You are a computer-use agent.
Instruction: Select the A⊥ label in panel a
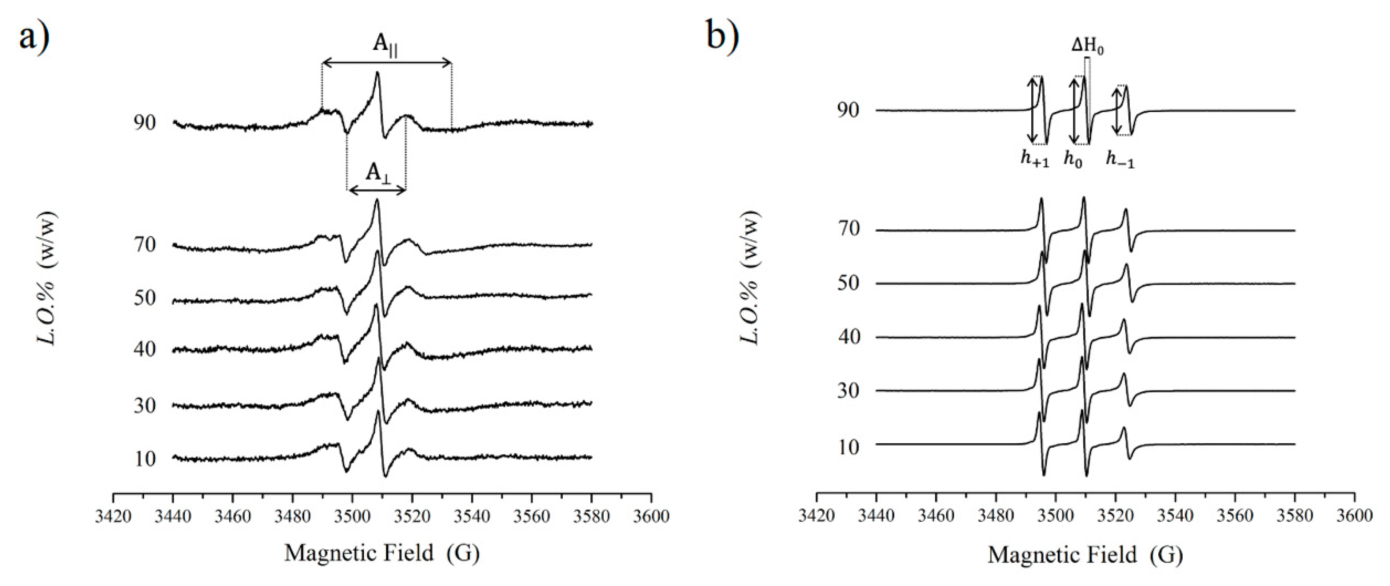[378, 173]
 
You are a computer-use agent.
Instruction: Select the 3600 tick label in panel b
[1354, 516]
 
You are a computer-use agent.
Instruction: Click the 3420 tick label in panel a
[113, 516]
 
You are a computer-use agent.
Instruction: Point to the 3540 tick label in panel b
[1175, 516]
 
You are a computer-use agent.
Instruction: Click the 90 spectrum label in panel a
[144, 123]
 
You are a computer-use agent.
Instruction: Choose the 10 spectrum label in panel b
[848, 447]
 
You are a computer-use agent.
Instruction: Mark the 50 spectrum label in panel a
[144, 298]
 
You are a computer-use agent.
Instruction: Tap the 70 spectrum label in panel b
[848, 229]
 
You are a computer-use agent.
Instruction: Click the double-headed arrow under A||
[386, 64]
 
